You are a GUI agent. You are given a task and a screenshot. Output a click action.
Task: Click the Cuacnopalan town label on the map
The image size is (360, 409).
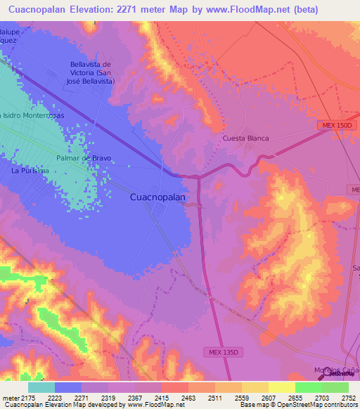point(158,197)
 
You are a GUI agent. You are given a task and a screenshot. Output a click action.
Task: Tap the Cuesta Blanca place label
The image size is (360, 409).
point(245,138)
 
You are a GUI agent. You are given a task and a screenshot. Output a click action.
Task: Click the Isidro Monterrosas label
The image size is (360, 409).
point(33,115)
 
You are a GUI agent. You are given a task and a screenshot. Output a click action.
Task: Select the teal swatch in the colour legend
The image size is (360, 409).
point(41,387)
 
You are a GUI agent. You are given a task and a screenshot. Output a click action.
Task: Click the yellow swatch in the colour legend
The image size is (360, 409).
point(281,387)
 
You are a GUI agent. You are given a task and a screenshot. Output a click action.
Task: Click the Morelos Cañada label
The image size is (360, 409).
point(336,370)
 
